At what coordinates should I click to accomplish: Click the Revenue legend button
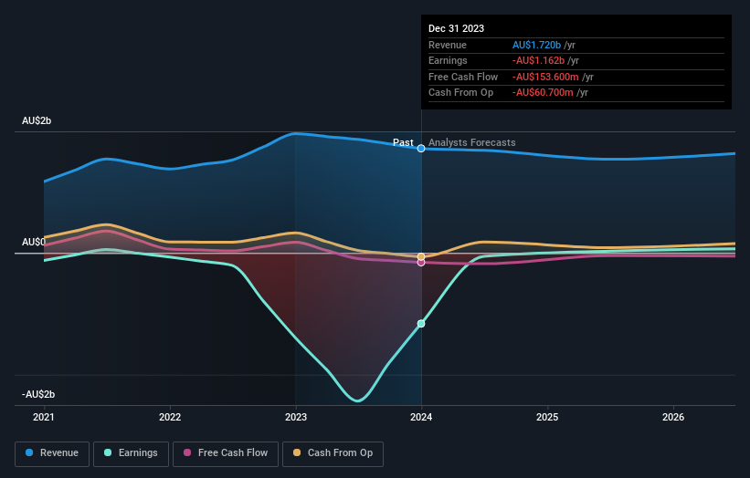pyautogui.click(x=52, y=453)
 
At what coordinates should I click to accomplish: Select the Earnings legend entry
pyautogui.click(x=132, y=453)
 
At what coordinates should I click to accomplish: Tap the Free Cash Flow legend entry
pyautogui.click(x=225, y=453)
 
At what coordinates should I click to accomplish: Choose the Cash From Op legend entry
pyautogui.click(x=333, y=453)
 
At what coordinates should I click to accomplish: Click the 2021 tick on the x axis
pyautogui.click(x=44, y=417)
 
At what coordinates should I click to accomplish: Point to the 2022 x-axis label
pyautogui.click(x=170, y=417)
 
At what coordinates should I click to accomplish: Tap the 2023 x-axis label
pyautogui.click(x=295, y=417)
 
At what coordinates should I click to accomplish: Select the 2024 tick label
pyautogui.click(x=421, y=417)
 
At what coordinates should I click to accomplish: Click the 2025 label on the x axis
pyautogui.click(x=547, y=417)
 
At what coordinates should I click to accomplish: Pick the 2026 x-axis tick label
pyautogui.click(x=673, y=417)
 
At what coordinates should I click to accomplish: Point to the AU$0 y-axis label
pyautogui.click(x=34, y=242)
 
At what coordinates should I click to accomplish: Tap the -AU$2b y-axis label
pyautogui.click(x=39, y=394)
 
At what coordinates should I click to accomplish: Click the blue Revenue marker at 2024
pyautogui.click(x=421, y=148)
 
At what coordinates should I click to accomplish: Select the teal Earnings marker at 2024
pyautogui.click(x=421, y=324)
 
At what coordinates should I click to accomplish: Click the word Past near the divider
pyautogui.click(x=403, y=142)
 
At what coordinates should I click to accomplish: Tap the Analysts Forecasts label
pyautogui.click(x=471, y=142)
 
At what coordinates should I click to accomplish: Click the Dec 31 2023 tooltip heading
pyautogui.click(x=456, y=28)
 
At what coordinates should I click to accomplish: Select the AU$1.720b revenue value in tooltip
pyautogui.click(x=537, y=45)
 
